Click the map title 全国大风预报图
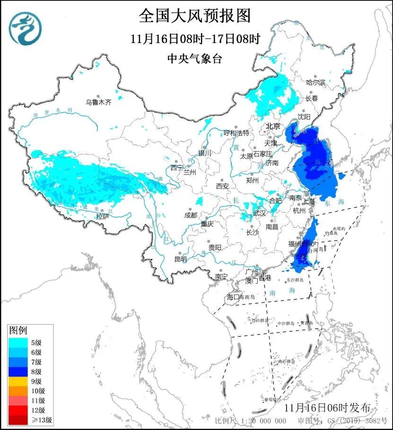click(x=194, y=16)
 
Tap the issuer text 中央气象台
click(x=194, y=59)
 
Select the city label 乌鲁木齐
click(x=98, y=102)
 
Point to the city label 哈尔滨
click(x=316, y=82)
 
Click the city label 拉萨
click(x=102, y=216)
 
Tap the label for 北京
click(x=273, y=126)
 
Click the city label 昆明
click(x=180, y=259)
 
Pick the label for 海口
click(x=233, y=297)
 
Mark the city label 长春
click(x=311, y=98)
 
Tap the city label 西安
click(x=222, y=186)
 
